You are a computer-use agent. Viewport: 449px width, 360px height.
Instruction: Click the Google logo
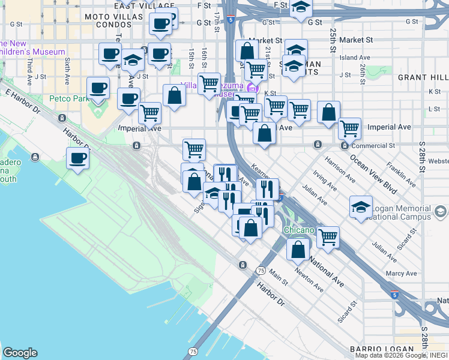(20, 353)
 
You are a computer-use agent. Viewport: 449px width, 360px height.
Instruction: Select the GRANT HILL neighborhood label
(423, 77)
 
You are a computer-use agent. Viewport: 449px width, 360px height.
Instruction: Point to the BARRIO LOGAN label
(382, 349)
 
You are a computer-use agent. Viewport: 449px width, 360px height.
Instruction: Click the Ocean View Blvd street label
(373, 175)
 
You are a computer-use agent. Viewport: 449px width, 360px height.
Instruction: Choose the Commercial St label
(373, 145)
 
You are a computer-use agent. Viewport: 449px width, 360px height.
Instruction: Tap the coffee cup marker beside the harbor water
(77, 158)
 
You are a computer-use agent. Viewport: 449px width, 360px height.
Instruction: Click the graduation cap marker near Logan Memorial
(360, 207)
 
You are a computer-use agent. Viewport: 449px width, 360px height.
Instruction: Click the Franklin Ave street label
(402, 173)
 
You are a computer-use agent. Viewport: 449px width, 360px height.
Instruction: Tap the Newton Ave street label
(309, 280)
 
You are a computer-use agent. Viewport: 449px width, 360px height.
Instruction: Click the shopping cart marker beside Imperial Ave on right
(349, 128)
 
